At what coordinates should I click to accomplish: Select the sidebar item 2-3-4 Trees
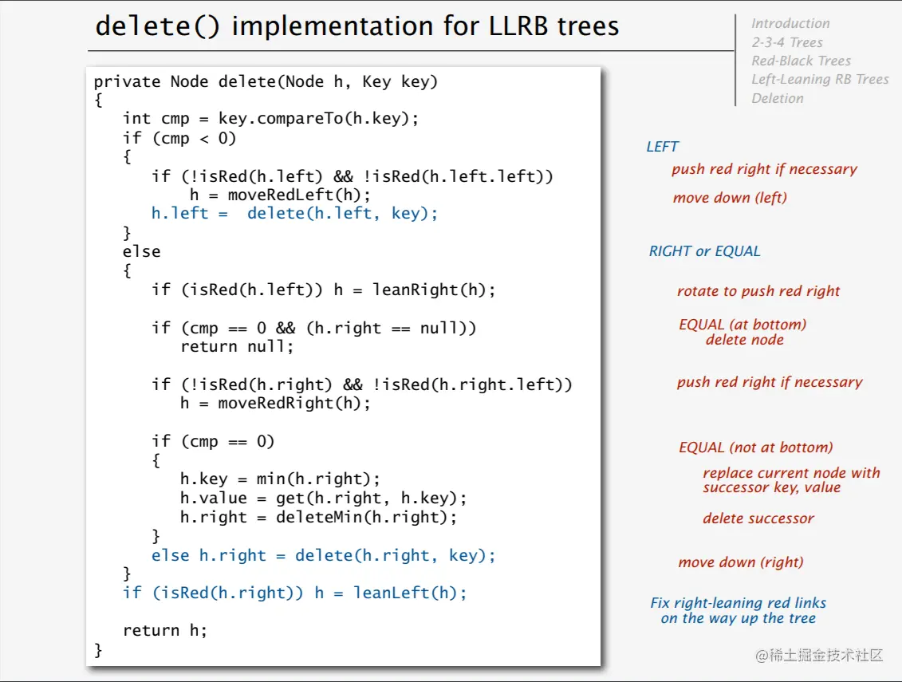pyautogui.click(x=786, y=42)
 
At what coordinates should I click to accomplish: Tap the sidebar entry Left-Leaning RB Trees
pyautogui.click(x=820, y=79)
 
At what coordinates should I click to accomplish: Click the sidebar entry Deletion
pyautogui.click(x=777, y=98)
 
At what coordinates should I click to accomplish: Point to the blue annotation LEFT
pyautogui.click(x=662, y=147)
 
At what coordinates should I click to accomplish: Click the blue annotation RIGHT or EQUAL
pyautogui.click(x=704, y=251)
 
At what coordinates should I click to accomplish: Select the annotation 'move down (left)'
pyautogui.click(x=729, y=198)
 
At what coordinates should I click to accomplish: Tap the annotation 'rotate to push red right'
pyautogui.click(x=758, y=291)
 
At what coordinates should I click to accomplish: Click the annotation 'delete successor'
pyautogui.click(x=758, y=518)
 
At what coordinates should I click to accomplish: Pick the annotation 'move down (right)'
pyautogui.click(x=740, y=562)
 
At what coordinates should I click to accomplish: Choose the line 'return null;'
pyautogui.click(x=237, y=346)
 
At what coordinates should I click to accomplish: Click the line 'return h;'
pyautogui.click(x=164, y=630)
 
